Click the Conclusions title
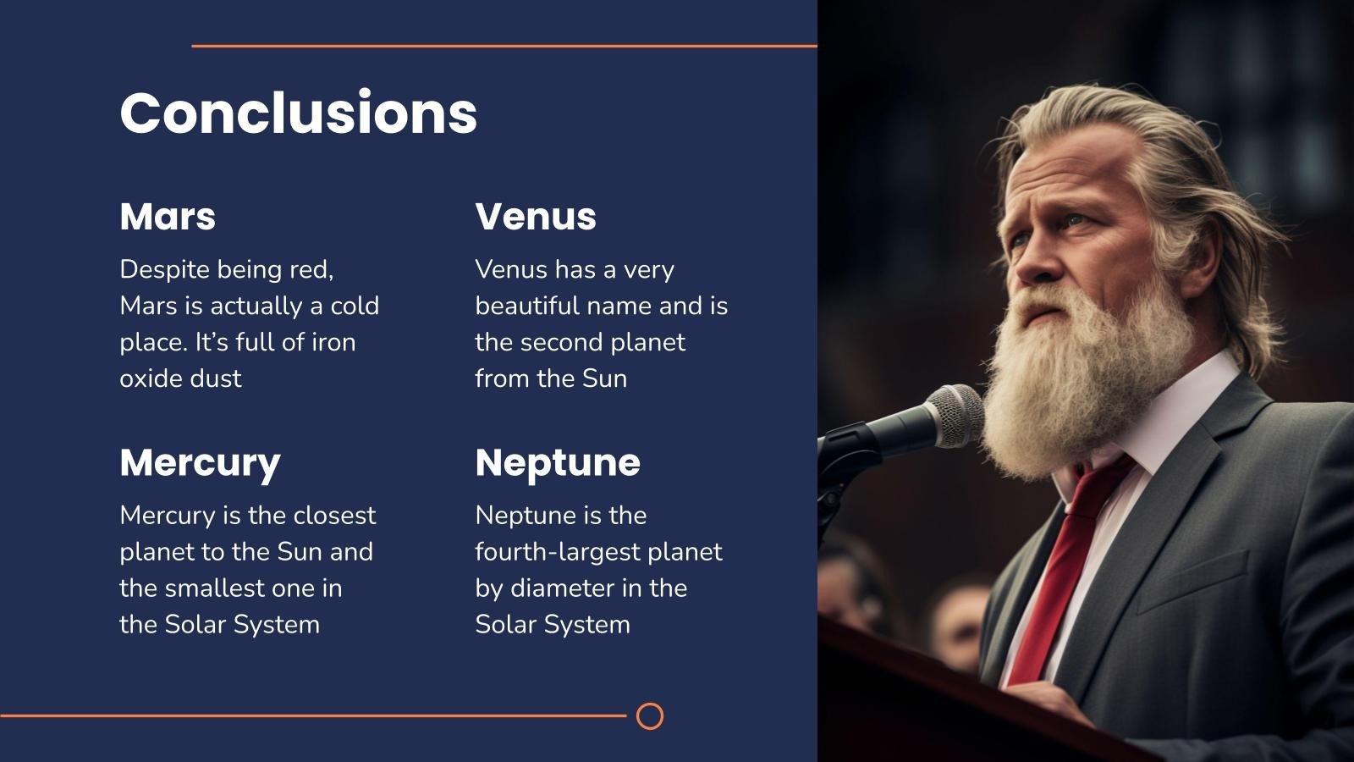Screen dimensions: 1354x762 [x=299, y=113]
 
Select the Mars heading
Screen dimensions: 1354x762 [x=168, y=216]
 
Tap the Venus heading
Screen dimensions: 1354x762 [x=536, y=216]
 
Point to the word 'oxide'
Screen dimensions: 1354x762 [x=151, y=378]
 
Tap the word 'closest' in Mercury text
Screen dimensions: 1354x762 [x=334, y=516]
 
